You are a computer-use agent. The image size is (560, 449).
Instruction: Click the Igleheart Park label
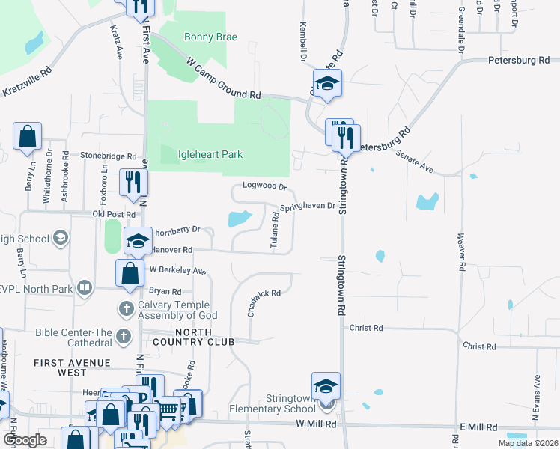pyautogui.click(x=210, y=155)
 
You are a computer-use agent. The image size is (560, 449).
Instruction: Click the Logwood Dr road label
pyautogui.click(x=265, y=186)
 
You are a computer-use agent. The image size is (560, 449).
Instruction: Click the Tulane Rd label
pyautogui.click(x=275, y=230)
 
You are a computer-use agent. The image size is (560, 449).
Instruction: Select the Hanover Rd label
pyautogui.click(x=172, y=250)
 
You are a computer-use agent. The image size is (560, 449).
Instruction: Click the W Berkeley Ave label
pyautogui.click(x=177, y=270)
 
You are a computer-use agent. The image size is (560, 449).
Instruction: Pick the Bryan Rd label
pyautogui.click(x=165, y=291)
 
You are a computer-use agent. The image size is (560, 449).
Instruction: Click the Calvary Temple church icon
pyautogui.click(x=126, y=308)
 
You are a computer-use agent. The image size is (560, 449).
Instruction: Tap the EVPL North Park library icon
pyautogui.click(x=85, y=287)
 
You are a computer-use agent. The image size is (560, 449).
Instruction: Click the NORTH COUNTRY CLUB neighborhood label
pyautogui.click(x=204, y=337)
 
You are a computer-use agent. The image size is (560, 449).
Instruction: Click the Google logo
pyautogui.click(x=25, y=440)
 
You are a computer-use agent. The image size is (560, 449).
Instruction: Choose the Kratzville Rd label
pyautogui.click(x=31, y=82)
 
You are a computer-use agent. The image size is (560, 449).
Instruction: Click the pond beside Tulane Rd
pyautogui.click(x=237, y=219)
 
